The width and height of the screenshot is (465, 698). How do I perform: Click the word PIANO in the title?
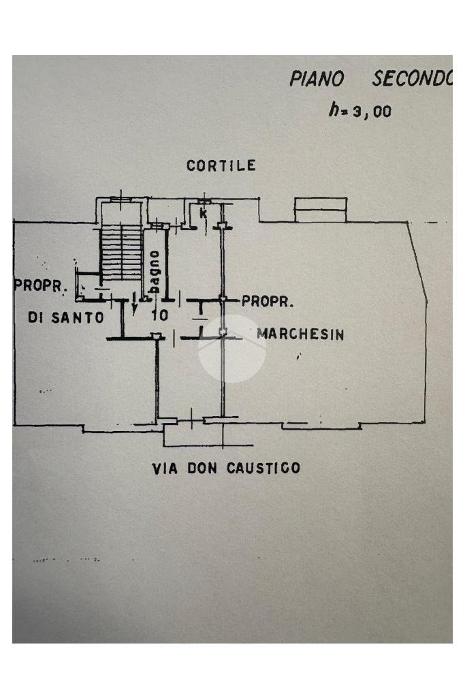(x=317, y=79)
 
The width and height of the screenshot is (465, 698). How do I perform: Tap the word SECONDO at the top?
(x=412, y=79)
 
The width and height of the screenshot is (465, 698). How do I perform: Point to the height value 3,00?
(x=372, y=111)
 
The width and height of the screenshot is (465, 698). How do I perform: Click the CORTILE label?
(x=221, y=165)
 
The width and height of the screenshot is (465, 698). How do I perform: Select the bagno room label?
(x=154, y=271)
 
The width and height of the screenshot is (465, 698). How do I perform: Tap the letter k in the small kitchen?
(x=204, y=213)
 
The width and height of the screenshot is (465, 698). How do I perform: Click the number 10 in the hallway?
(x=160, y=315)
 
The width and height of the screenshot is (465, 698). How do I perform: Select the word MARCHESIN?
(x=300, y=334)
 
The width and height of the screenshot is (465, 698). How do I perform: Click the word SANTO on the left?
(x=78, y=317)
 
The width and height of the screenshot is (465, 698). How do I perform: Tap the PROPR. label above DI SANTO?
(x=40, y=285)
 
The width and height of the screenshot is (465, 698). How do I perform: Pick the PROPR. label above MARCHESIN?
(x=268, y=302)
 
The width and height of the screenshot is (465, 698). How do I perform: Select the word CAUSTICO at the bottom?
(x=263, y=468)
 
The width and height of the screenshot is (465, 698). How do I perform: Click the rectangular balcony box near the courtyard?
(x=321, y=210)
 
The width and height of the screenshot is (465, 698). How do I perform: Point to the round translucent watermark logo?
(x=231, y=349)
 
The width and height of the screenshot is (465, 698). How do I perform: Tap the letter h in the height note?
(x=334, y=109)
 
